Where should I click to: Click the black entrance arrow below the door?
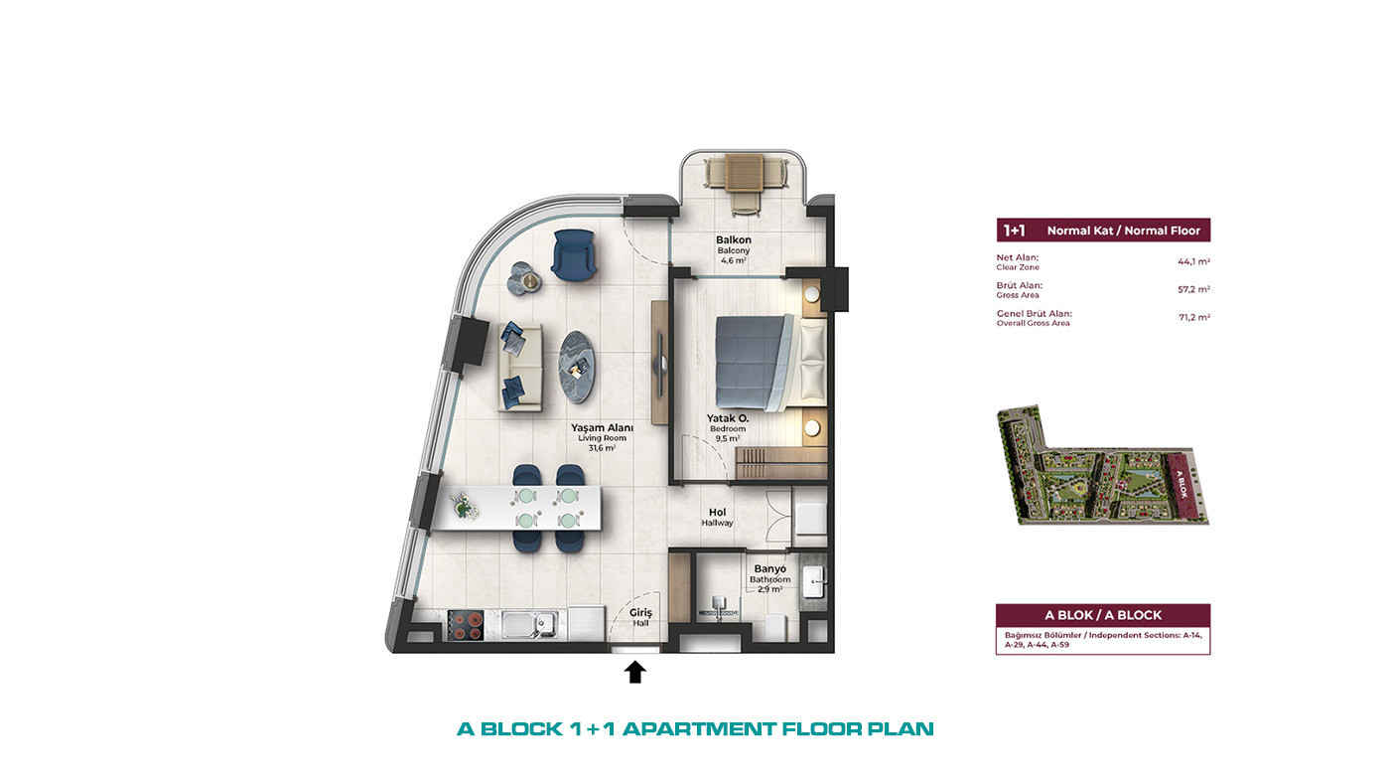point(634,672)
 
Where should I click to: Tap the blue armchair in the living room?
point(574,254)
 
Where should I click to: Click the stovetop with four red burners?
point(466,625)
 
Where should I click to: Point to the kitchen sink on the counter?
point(528,625)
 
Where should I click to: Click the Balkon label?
point(734,239)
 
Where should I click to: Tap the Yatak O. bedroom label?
point(728,418)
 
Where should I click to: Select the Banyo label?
point(770,568)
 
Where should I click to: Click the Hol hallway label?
point(717,513)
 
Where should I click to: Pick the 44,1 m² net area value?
point(1193,262)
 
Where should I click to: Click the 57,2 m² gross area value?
point(1193,289)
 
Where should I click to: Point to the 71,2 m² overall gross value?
point(1194,317)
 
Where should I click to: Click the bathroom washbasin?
point(813,582)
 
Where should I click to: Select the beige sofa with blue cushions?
point(520,367)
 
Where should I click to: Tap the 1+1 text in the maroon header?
point(1014,231)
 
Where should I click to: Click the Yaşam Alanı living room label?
point(602,428)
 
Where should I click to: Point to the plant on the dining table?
point(463,505)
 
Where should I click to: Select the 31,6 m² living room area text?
point(602,448)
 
